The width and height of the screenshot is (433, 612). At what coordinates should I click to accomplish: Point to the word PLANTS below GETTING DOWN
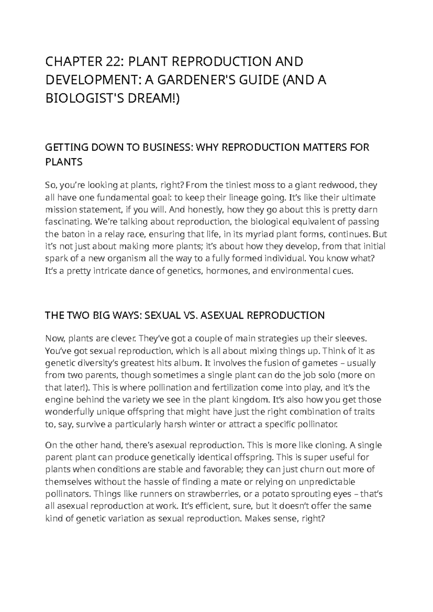click(x=64, y=162)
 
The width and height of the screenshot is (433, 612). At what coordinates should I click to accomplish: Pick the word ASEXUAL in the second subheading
click(x=220, y=315)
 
